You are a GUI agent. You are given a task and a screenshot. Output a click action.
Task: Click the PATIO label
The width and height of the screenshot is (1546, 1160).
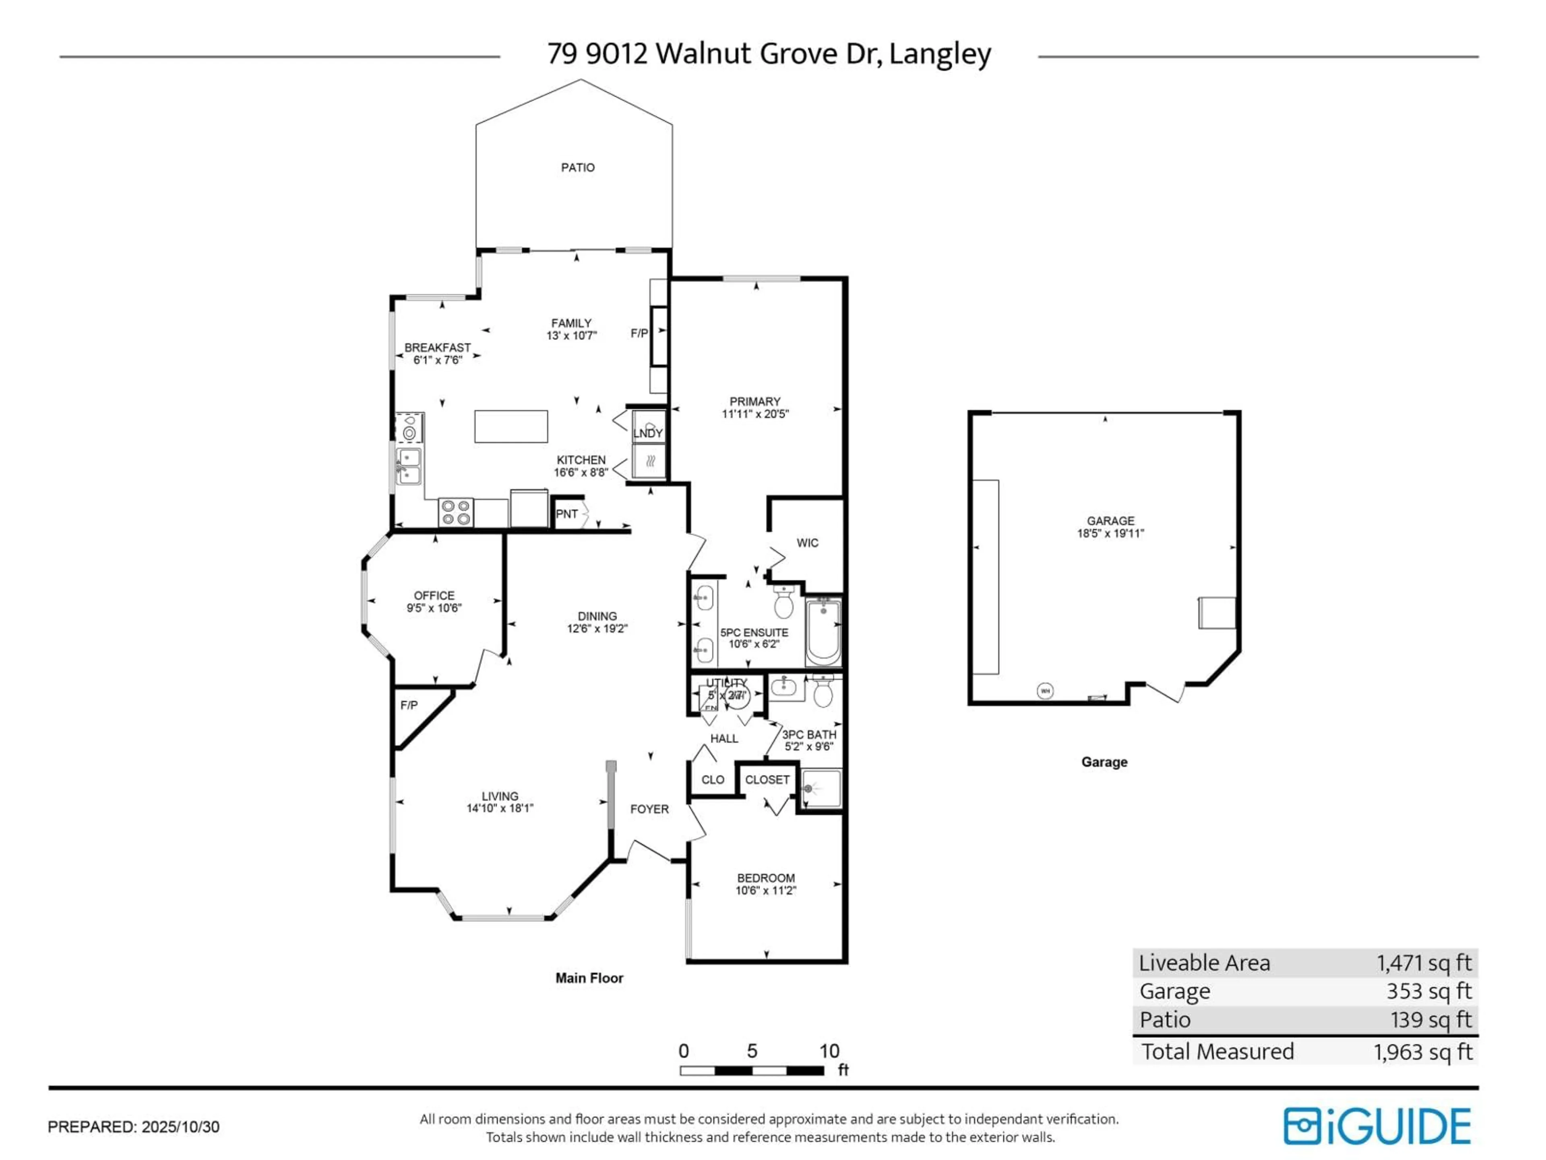click(578, 168)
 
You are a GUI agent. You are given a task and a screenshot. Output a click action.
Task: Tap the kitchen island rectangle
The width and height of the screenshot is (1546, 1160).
click(511, 427)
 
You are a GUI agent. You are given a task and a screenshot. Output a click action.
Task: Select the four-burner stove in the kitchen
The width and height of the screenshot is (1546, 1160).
click(456, 512)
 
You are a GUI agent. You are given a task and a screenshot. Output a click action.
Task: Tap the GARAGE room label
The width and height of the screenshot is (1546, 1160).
click(1110, 521)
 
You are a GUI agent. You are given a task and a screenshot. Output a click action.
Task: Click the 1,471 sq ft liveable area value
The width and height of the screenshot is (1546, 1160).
click(1424, 963)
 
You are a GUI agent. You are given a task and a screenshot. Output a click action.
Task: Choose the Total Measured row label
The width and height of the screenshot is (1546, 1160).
click(1217, 1052)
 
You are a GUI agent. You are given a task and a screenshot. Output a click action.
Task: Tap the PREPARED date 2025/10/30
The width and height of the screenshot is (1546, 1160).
click(180, 1127)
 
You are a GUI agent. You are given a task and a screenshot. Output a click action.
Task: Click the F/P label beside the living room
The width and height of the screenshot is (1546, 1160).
click(409, 706)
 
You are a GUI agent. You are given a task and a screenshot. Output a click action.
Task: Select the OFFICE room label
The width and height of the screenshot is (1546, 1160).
click(434, 596)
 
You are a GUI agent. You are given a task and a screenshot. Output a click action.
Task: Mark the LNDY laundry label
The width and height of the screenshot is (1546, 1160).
click(648, 433)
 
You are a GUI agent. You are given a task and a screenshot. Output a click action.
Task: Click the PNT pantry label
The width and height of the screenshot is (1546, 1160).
click(567, 514)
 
